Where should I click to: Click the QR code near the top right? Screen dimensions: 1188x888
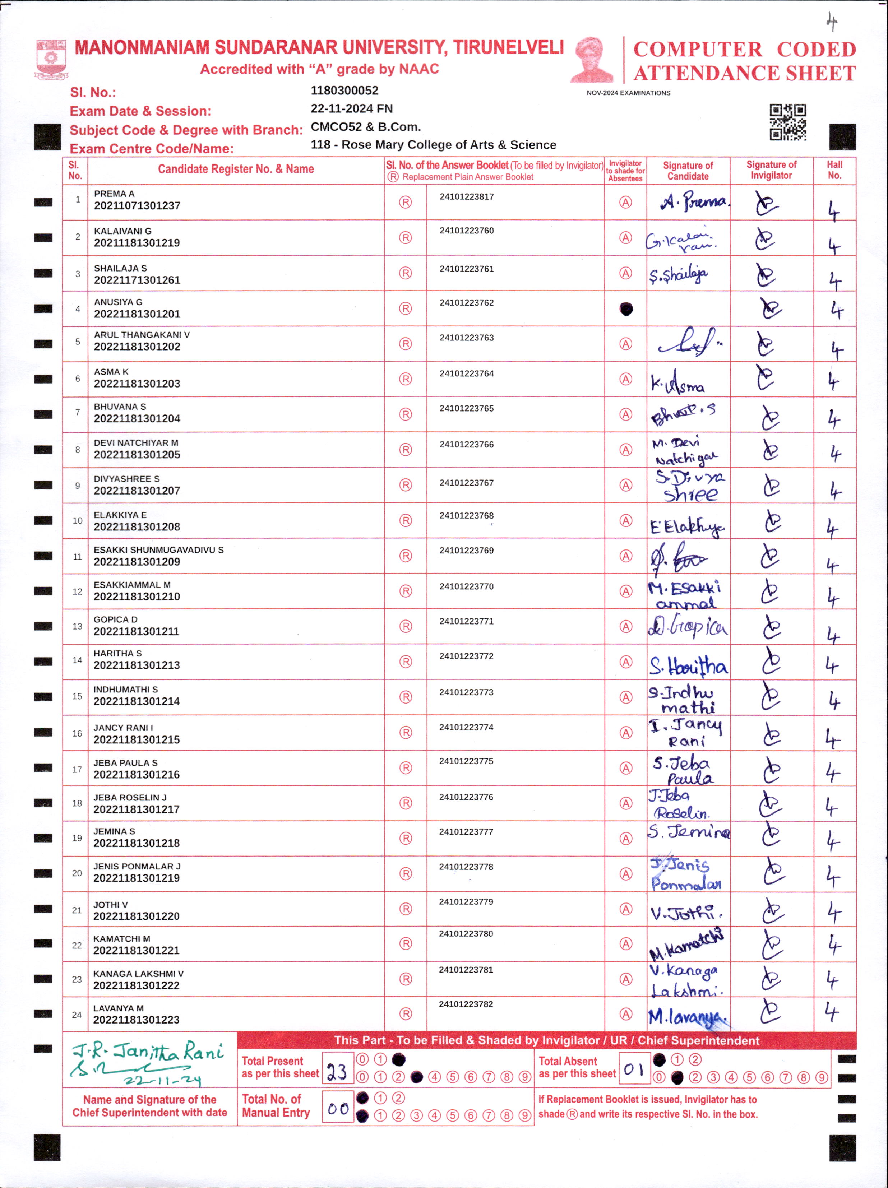787,122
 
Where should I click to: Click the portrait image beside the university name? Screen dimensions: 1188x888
592,60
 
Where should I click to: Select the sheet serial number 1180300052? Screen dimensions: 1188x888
344,90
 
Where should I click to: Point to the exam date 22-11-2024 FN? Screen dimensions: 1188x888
351,108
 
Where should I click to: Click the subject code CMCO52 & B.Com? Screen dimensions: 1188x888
365,127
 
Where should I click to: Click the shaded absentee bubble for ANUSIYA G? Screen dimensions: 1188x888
626,309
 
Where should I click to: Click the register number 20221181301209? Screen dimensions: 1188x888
137,562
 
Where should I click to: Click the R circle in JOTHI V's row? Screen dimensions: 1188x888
406,909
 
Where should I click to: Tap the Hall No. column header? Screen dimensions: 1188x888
834,170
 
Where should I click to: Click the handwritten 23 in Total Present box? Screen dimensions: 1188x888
337,1072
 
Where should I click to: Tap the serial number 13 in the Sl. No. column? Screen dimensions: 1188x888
77,626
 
